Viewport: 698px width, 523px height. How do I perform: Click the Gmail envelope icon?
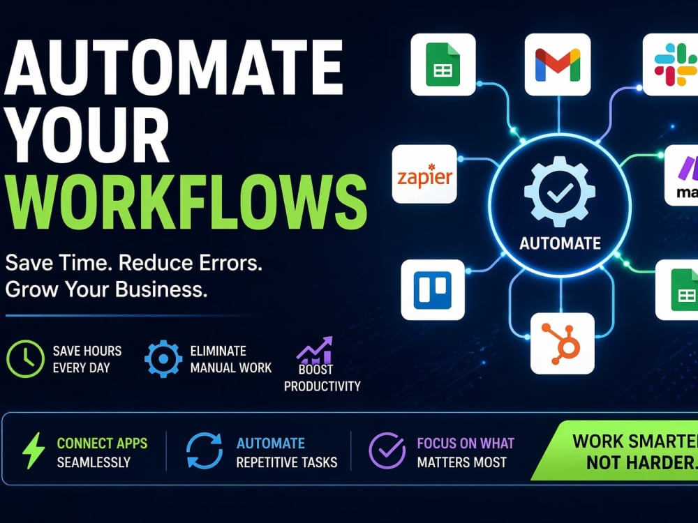[x=558, y=65]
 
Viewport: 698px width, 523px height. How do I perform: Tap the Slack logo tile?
[x=670, y=64]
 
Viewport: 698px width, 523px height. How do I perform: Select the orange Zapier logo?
[x=424, y=176]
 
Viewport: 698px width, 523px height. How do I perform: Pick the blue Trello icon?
[x=433, y=290]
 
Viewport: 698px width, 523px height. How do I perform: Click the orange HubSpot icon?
[x=561, y=343]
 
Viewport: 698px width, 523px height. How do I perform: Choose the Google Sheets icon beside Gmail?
[x=443, y=64]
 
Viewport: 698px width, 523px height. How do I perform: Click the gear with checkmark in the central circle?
[x=560, y=191]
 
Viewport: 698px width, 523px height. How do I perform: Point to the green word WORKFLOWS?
[x=187, y=202]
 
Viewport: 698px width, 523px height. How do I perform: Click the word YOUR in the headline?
[x=87, y=135]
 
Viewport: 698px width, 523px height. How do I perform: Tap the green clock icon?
[x=25, y=359]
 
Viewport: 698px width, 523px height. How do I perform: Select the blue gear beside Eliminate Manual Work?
[x=163, y=359]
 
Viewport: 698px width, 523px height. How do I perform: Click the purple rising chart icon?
[x=315, y=351]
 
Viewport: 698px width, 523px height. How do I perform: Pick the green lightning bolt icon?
[x=34, y=450]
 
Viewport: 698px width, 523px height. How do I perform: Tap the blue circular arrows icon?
[x=205, y=450]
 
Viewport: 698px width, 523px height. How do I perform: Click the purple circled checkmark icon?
[x=387, y=450]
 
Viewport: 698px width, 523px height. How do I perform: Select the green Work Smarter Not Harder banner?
[x=614, y=451]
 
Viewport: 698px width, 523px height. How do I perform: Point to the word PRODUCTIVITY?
[x=322, y=386]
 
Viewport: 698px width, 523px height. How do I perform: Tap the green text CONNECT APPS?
[x=102, y=444]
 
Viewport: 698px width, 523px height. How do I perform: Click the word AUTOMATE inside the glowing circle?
[x=560, y=243]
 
